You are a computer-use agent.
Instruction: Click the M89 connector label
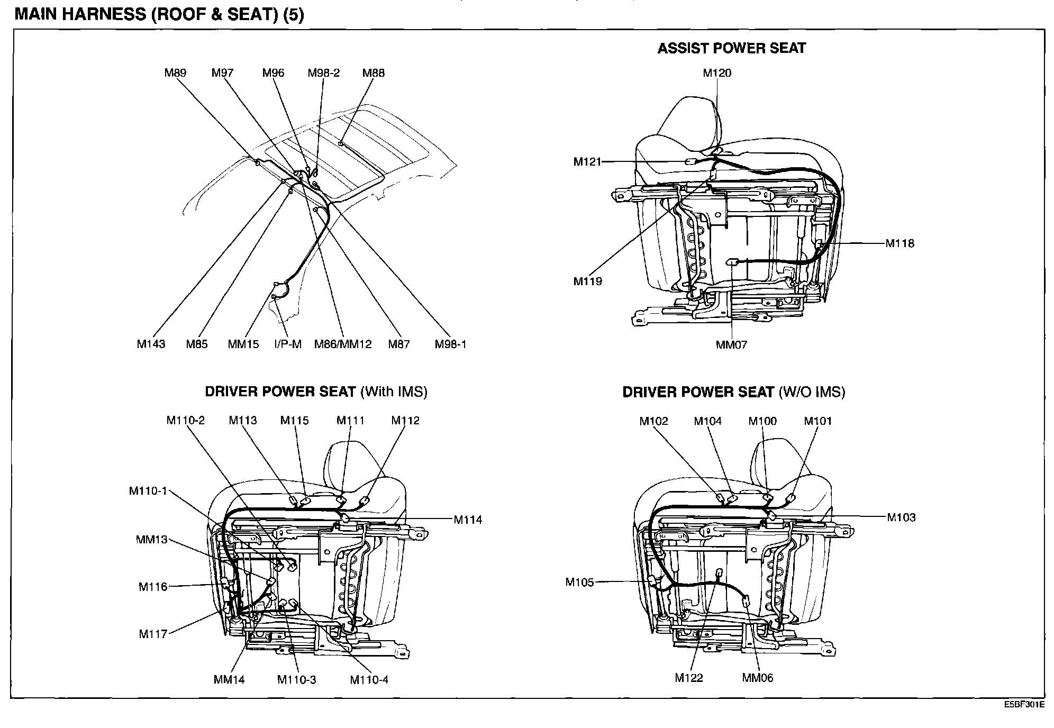[175, 73]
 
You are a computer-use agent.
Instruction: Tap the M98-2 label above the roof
[323, 73]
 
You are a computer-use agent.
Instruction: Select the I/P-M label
[288, 344]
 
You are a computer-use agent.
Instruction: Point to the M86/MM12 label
[343, 344]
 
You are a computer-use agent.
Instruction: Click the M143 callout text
[151, 344]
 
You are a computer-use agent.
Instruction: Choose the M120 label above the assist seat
[717, 73]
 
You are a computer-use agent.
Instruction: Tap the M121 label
[587, 162]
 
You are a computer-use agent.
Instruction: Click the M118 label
[900, 243]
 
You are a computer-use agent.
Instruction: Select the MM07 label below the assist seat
[731, 345]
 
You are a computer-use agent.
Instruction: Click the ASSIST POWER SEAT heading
[731, 49]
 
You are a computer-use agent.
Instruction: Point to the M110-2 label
[185, 421]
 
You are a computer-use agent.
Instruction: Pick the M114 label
[468, 520]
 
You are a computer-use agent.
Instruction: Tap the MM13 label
[151, 540]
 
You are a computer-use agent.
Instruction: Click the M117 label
[153, 634]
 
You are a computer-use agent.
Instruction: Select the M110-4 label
[369, 680]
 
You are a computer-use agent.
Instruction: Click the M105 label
[579, 583]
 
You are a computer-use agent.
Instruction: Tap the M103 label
[901, 517]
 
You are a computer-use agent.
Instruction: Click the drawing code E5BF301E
[1025, 705]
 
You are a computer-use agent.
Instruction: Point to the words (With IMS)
[394, 392]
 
